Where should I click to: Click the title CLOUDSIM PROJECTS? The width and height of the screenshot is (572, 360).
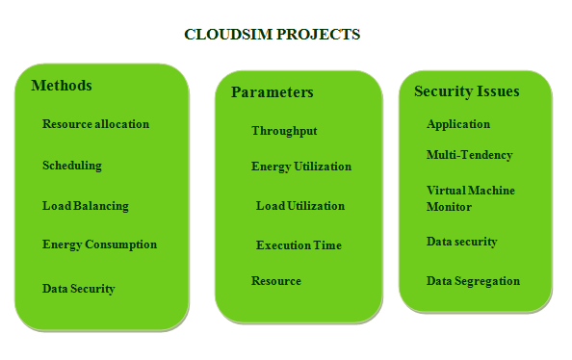coord(272,35)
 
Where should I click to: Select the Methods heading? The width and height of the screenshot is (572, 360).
coord(62,86)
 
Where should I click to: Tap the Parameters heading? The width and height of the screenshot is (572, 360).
coord(273,92)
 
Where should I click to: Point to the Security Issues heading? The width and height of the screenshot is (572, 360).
coord(467,91)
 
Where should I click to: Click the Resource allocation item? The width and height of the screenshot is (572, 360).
coord(95,124)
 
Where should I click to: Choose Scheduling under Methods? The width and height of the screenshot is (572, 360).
coord(72,166)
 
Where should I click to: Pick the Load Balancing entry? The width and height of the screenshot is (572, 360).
coord(86,206)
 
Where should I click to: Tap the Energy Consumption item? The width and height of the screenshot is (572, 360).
coord(99,244)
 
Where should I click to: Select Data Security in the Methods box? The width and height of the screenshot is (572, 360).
coord(79,289)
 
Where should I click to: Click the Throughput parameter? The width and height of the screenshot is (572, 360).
coord(284,131)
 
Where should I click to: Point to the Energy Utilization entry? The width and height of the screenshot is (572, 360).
coord(301,167)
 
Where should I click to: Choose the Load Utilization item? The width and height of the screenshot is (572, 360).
coord(300,206)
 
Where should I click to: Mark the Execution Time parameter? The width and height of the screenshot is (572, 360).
coord(299,245)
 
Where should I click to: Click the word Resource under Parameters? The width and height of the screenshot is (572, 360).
coord(276,281)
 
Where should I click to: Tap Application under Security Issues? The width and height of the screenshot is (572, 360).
coord(458,124)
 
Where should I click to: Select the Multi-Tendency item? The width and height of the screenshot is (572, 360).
coord(470,155)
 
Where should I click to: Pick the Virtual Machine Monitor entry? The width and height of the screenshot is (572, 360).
coord(471,198)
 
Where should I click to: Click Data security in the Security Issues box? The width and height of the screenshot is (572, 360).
coord(462,242)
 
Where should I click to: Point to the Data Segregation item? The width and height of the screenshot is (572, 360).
coord(473,281)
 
